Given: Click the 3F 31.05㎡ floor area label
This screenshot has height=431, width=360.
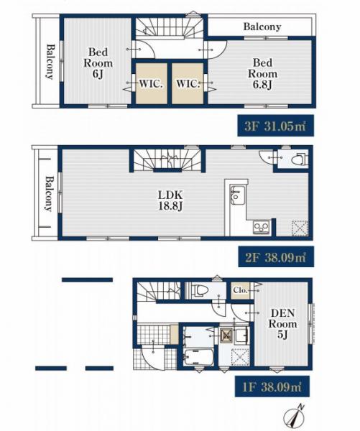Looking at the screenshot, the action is pos(276,126).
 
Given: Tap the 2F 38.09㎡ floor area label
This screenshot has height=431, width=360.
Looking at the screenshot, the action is pos(276,256).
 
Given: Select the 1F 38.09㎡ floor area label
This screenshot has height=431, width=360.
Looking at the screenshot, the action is pos(272,386).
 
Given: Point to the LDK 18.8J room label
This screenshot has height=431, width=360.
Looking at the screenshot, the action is pos(170,200).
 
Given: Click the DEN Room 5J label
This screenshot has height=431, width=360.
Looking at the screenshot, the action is pos(282,323).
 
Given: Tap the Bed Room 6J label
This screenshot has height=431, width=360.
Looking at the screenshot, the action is pos(98,63).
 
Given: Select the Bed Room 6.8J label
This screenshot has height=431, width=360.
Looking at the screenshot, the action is pos(262,74).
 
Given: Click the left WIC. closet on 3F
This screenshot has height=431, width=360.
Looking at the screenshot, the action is pos(152,83).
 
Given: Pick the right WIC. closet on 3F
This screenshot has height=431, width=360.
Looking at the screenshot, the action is pos(188,83).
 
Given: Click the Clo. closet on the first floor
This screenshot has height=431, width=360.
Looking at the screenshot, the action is pos(240,290).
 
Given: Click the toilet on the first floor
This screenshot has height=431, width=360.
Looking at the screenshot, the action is pos(198,290).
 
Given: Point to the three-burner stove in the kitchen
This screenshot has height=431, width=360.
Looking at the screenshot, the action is pos(262,227).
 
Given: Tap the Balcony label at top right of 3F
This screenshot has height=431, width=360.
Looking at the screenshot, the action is pos(262,27).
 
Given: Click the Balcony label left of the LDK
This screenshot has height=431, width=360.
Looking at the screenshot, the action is pos(48,194).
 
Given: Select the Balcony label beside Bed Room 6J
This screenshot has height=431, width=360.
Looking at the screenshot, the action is pos(50,62).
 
